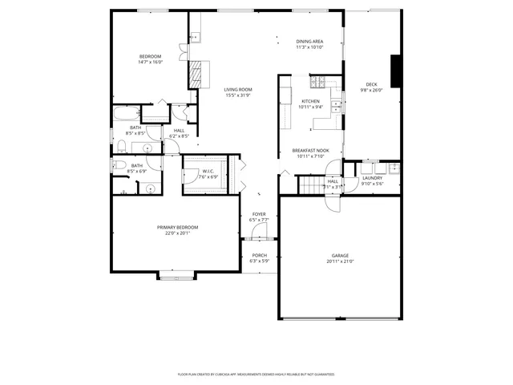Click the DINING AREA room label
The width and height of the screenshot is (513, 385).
point(309,41)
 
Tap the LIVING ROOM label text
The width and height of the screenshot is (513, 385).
point(237,89)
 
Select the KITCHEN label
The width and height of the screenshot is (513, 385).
point(310,101)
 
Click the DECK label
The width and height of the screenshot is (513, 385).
point(371,84)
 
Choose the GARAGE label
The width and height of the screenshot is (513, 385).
point(341,256)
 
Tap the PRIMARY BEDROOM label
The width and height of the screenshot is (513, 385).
point(176,228)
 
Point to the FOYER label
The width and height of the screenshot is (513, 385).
point(259,214)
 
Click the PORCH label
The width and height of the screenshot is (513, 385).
point(259,256)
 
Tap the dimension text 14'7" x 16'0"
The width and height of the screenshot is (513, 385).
point(151,62)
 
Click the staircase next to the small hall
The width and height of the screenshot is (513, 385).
point(310,186)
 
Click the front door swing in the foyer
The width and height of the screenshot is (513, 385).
point(258,233)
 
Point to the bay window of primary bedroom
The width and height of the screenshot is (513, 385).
point(175,277)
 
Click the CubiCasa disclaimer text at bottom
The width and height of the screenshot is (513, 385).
point(256,375)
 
